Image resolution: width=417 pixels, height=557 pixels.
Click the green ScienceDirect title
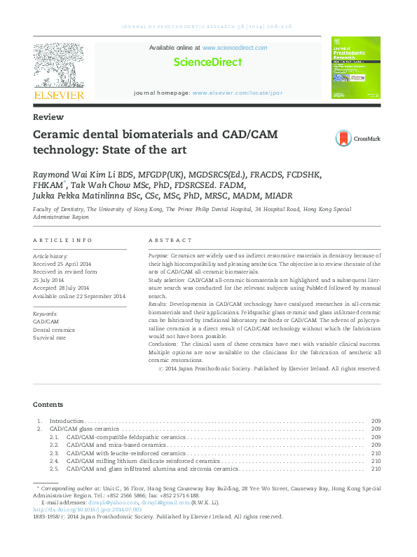[x=207, y=62]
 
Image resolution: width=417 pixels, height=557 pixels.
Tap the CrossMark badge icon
[x=343, y=138]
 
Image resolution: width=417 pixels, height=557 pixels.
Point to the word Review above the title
[x=48, y=117]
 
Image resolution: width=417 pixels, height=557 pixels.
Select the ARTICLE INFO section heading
[x=63, y=240]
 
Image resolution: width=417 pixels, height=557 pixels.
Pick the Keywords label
[x=46, y=313]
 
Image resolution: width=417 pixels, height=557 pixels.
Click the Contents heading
[x=48, y=404]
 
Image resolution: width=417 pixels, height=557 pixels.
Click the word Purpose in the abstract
[x=158, y=256]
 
